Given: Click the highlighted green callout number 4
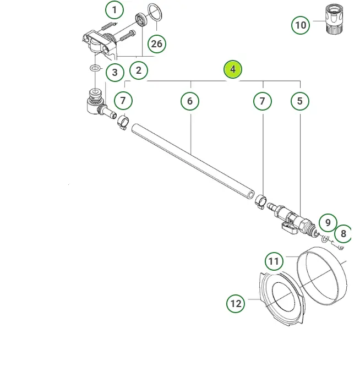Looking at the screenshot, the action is pos(233,69).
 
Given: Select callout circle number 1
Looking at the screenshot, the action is pos(114,10).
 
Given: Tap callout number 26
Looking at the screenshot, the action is pos(157,44).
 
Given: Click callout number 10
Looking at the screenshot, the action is pos(301,25).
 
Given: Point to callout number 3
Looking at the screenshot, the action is pos(115,72).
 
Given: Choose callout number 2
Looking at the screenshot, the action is pos(139,70).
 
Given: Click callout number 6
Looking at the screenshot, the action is pos(190,101).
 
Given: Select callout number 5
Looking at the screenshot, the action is pos(300,101).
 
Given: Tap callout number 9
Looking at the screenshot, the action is pos(328,223).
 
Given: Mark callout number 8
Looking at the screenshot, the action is pos(343,234).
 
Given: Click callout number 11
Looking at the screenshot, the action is pos(274,261).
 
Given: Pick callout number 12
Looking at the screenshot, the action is pos(236,304).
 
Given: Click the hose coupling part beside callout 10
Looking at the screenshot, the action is pos(335,19).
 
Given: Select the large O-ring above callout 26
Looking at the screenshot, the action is pos(155,12).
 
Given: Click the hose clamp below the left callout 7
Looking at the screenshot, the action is pos(123,122).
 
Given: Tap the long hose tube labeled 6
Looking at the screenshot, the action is pos(193,161).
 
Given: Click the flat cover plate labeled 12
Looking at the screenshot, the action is pos(282,299).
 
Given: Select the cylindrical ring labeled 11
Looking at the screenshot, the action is pos(321,276).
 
